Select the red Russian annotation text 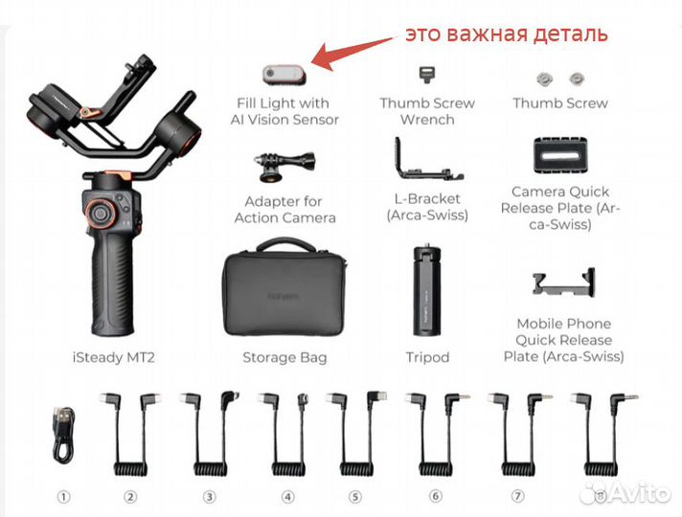click(x=506, y=34)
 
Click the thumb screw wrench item click(x=425, y=75)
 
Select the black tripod click(x=426, y=292)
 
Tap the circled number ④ click(x=288, y=496)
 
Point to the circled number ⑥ click(x=436, y=496)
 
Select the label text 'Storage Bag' click(x=284, y=357)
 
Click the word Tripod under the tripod click(x=426, y=357)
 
